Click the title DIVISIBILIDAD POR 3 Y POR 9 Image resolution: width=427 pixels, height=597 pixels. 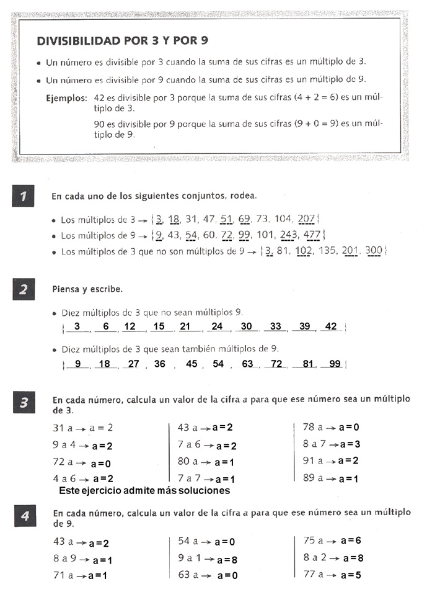click(122, 41)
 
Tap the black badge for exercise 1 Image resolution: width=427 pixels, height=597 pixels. click(24, 197)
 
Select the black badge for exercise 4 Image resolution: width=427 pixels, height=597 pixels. click(24, 518)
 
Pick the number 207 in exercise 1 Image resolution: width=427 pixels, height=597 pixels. click(306, 219)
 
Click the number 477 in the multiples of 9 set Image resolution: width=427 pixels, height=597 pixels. click(312, 235)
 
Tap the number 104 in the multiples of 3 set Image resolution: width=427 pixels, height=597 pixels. click(282, 219)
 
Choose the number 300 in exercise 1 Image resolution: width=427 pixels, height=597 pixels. click(374, 251)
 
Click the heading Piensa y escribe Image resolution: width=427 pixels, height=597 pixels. click(87, 289)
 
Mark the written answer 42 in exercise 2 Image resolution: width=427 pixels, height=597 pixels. click(331, 327)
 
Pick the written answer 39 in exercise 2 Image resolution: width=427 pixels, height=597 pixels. click(304, 327)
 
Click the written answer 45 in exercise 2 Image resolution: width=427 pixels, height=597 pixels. click(191, 364)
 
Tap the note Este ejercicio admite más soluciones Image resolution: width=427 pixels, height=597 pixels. click(144, 490)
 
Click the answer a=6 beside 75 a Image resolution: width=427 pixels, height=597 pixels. click(350, 541)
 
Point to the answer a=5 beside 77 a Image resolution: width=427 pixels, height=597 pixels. click(350, 575)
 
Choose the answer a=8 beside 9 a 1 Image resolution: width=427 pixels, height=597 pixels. click(227, 559)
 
